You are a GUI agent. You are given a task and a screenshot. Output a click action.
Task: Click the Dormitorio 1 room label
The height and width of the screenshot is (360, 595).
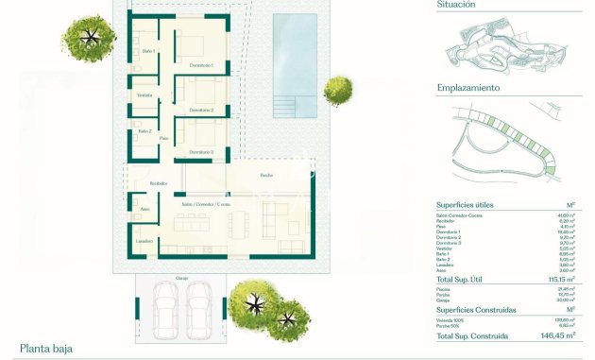pos(201,64)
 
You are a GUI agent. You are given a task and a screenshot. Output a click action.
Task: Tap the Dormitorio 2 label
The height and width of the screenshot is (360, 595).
pos(201,111)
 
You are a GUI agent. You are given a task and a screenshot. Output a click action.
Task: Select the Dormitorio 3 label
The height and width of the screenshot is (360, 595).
pos(200,151)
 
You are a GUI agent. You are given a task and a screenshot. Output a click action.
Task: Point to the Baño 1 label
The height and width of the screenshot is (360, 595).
pos(148,51)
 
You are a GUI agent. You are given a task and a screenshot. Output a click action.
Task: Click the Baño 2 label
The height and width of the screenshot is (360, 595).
pos(144,131)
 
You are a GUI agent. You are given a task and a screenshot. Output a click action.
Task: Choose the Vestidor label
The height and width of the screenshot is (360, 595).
pos(144,95)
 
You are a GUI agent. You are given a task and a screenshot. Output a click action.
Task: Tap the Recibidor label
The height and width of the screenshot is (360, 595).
pos(157,183)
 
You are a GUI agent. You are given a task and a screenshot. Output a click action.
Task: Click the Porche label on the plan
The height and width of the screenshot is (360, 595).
pos(267,176)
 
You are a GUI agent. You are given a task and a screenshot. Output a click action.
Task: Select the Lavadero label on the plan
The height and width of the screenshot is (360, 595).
pos(144,242)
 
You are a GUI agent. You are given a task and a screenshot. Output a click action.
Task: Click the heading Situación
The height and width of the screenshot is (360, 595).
pos(456,5)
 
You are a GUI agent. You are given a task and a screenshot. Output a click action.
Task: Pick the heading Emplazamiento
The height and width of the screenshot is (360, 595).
pos(468,88)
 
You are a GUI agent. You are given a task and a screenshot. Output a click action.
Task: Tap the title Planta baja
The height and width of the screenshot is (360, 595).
pos(46,349)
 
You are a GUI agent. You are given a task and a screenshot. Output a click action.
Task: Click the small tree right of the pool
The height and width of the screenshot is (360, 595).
pos(337,91)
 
